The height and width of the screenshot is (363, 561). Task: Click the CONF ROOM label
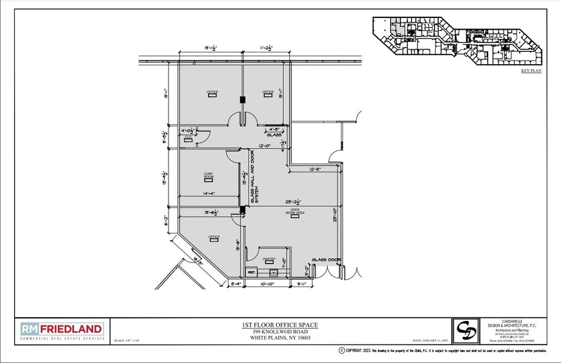[x=209, y=175]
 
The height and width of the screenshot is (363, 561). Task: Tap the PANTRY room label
[x=269, y=259]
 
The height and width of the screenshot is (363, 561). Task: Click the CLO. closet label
[x=188, y=138]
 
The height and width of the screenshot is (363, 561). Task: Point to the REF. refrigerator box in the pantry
[x=251, y=272]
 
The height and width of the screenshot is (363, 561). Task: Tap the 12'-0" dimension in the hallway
[x=265, y=146]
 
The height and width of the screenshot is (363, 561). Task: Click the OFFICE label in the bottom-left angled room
[x=214, y=236]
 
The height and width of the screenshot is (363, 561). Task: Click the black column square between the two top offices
[x=243, y=99]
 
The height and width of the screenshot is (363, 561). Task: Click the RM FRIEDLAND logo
[x=61, y=330]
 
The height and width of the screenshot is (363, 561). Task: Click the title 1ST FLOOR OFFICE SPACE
[x=275, y=325]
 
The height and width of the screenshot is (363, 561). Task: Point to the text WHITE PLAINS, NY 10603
[x=275, y=337]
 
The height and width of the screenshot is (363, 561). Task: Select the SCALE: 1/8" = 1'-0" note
[x=128, y=340]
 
